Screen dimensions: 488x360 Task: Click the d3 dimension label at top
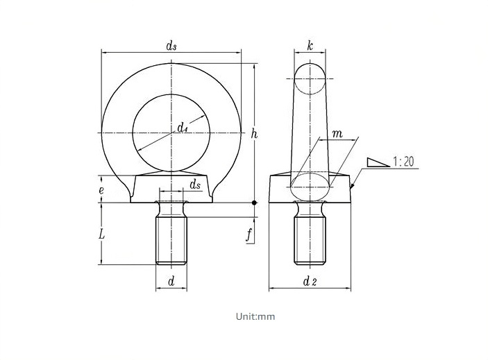[171, 46]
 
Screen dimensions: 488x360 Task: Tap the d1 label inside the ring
[182, 128]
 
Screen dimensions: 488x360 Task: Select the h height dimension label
[254, 134]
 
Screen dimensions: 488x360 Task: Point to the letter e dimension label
[101, 190]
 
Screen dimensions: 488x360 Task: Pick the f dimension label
[249, 234]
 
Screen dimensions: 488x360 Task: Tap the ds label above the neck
[195, 185]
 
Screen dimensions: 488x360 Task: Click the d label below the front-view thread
[171, 282]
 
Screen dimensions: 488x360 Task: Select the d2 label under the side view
[310, 282]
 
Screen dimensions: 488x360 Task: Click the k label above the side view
[310, 46]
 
